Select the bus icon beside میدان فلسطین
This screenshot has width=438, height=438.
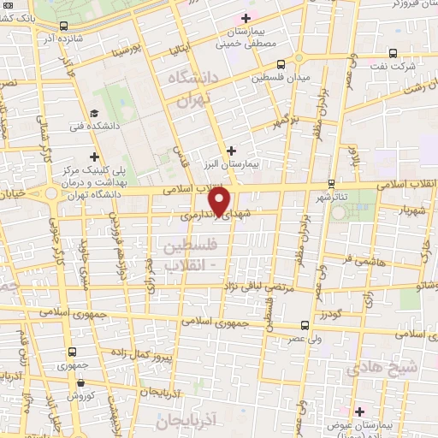click(281, 64)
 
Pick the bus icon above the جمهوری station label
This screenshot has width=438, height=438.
click(71, 352)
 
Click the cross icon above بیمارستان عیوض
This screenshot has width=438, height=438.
click(359, 411)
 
